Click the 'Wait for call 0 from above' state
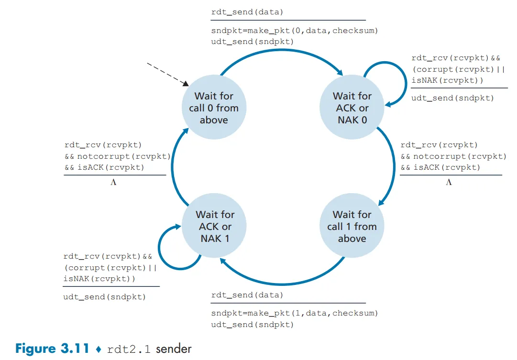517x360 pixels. click(213, 108)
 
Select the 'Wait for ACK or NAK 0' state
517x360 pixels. click(352, 108)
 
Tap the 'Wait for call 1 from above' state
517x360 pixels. click(352, 226)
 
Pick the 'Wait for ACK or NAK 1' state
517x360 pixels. click(213, 226)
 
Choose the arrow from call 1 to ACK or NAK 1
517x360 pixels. click(282, 282)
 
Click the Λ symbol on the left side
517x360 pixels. click(113, 182)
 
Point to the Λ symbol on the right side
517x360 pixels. click(449, 182)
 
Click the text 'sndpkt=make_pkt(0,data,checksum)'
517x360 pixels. click(295, 31)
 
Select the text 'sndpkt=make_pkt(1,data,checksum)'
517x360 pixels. click(295, 314)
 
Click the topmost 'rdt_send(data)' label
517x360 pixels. click(247, 12)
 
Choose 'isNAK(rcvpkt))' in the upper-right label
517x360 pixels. click(447, 80)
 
